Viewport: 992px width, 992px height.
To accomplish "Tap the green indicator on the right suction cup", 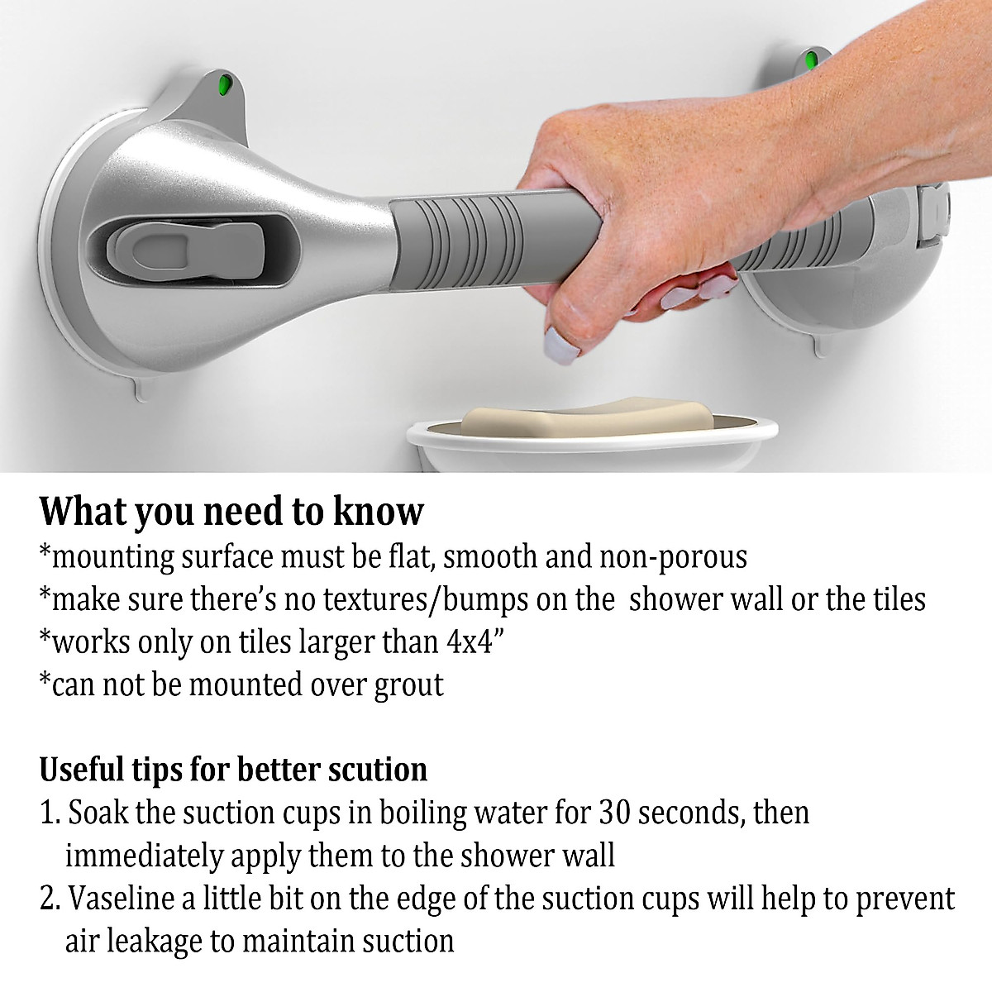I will (810, 60).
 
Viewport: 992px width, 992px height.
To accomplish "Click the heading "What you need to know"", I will (231, 512).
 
